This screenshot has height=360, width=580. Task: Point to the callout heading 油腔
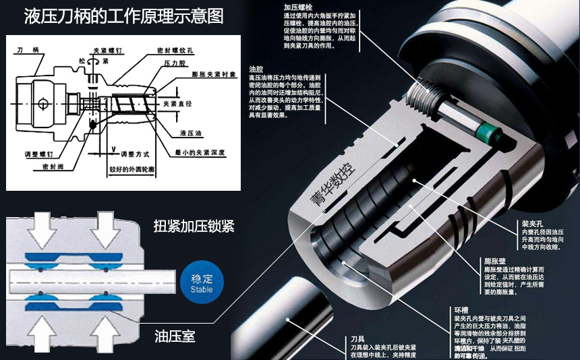256,69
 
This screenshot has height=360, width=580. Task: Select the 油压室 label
175,334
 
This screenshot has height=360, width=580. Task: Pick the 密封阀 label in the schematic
53,165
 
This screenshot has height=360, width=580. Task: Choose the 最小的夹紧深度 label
204,153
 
